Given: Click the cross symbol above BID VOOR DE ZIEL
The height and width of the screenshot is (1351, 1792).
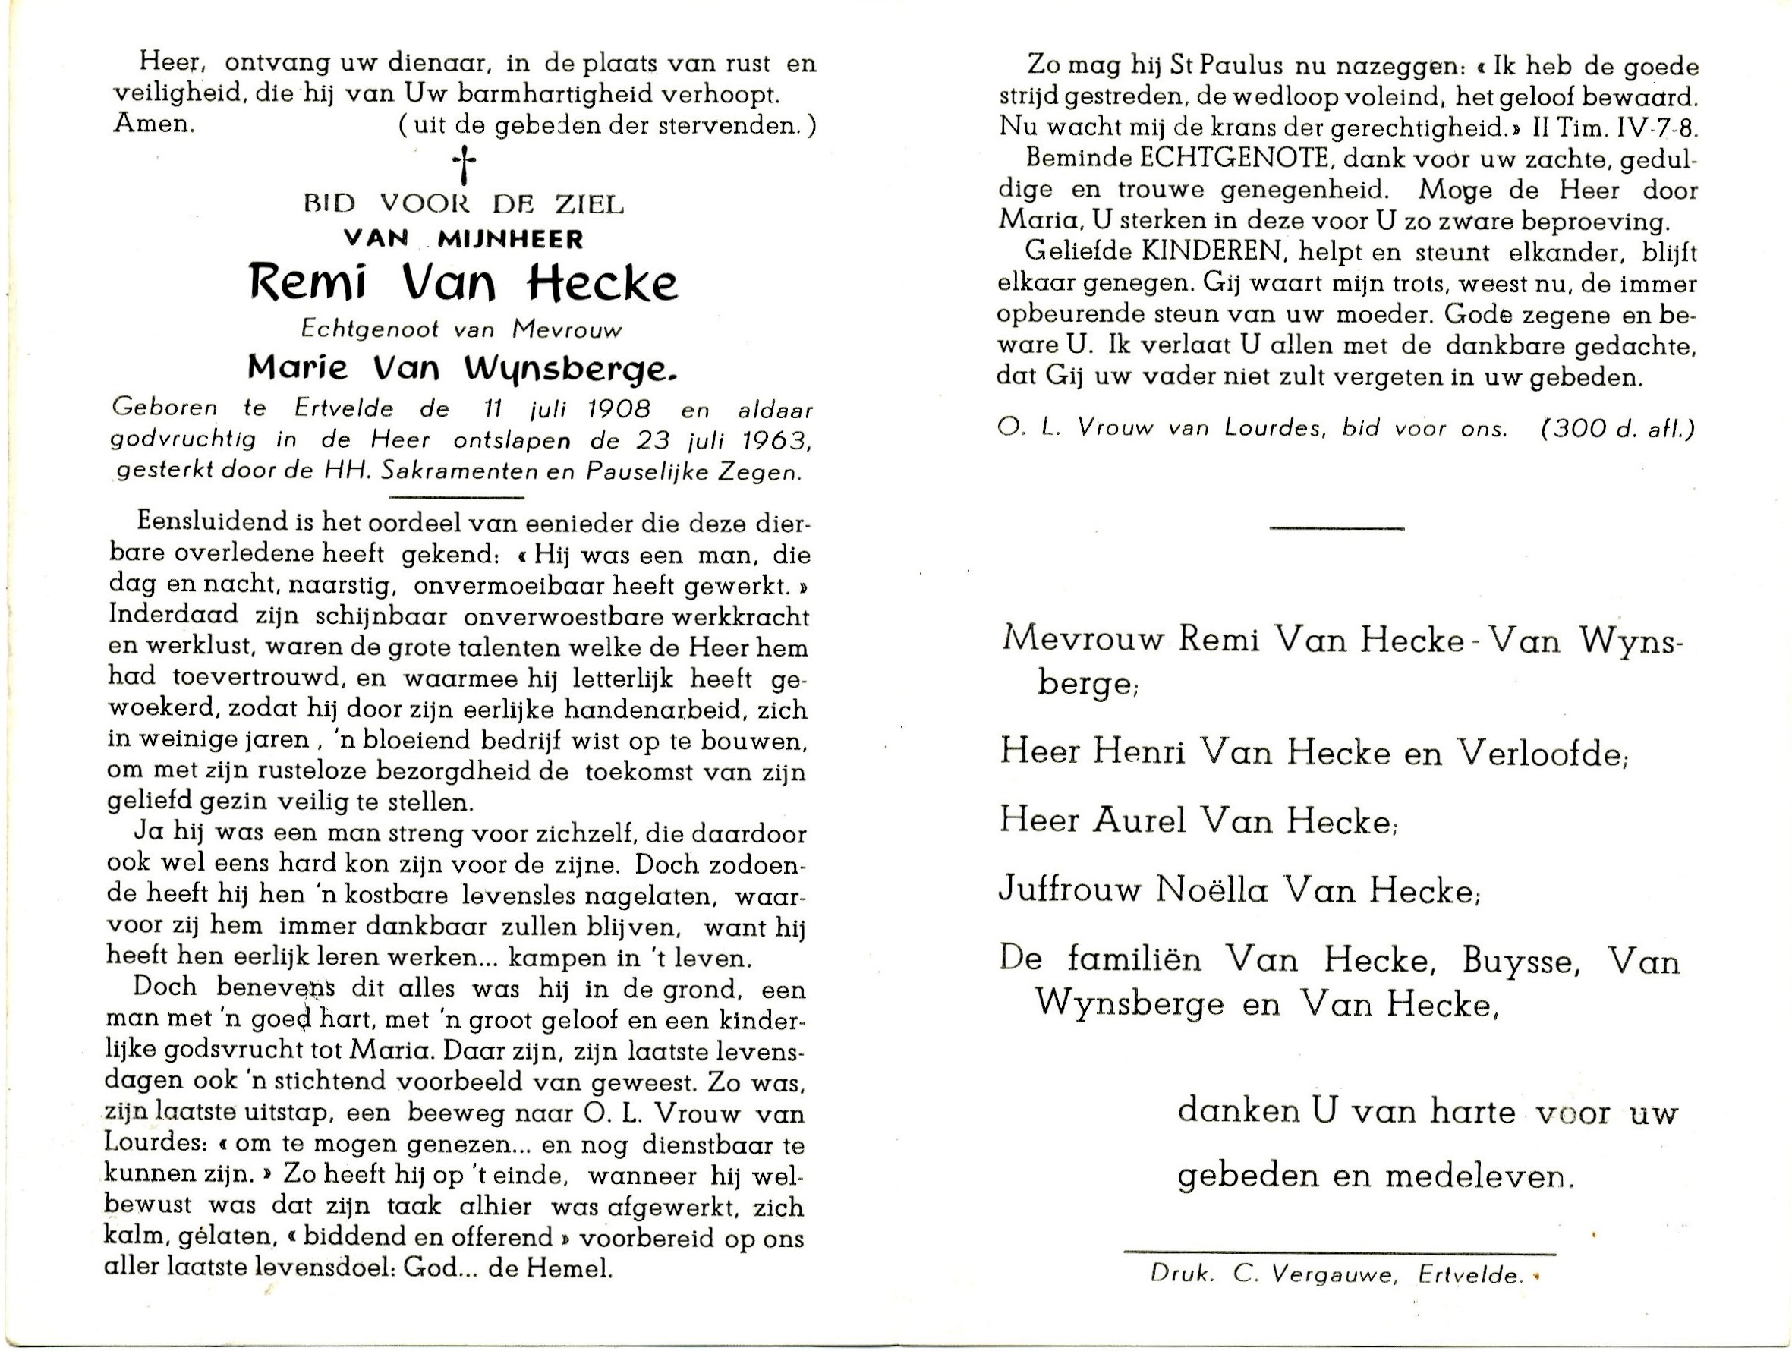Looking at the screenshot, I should [x=465, y=167].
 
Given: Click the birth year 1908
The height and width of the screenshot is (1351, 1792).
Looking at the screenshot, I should [x=619, y=408].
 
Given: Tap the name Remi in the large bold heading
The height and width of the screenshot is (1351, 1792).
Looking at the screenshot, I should [x=309, y=282].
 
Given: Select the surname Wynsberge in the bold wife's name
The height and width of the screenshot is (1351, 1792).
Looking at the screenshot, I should [x=568, y=370].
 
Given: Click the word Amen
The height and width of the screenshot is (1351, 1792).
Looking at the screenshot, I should [x=154, y=124].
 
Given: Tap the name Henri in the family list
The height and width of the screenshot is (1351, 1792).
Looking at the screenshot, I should [x=1139, y=751].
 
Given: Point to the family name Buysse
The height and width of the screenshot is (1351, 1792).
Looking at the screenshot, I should [x=1519, y=961].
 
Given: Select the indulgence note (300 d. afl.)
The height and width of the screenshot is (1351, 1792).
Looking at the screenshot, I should [x=1617, y=429].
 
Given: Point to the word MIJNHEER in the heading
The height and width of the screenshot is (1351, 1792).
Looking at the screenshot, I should [x=509, y=239].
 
